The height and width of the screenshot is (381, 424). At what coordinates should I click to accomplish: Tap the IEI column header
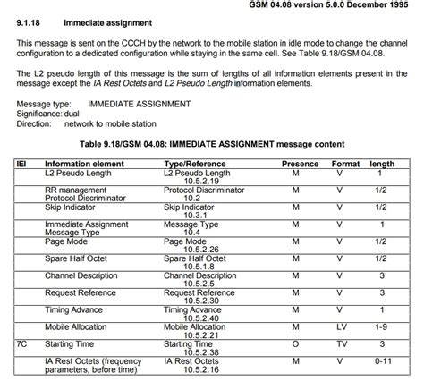22,165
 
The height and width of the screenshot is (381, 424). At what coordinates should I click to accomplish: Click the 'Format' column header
345,165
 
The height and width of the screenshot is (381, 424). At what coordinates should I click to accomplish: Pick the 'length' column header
382,165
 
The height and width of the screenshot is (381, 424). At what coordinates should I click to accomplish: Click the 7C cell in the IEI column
22,343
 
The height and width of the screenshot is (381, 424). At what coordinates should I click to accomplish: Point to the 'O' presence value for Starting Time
296,343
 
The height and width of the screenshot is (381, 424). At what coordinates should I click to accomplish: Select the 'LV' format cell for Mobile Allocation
341,327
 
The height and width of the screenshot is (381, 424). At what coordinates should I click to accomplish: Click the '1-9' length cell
382,327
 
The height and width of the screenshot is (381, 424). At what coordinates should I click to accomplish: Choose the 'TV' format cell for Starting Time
341,343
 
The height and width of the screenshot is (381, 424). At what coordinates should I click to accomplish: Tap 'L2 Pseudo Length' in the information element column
79,174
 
